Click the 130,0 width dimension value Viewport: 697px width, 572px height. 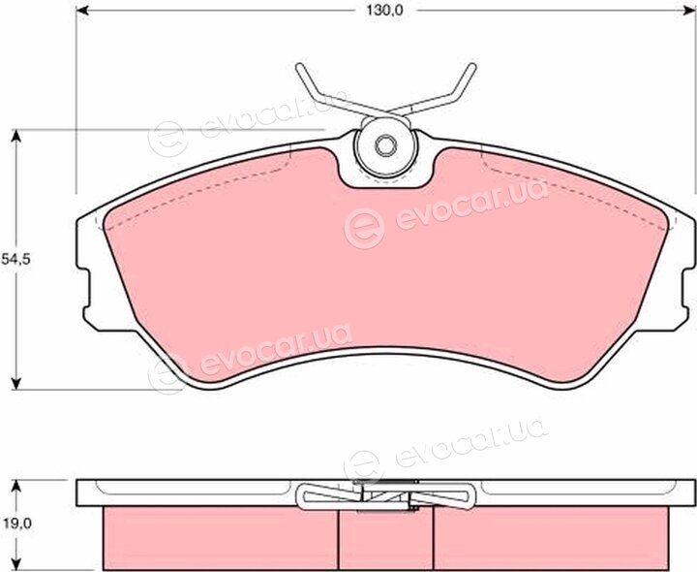384,11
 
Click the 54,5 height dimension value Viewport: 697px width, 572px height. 15,259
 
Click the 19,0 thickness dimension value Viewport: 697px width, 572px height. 15,524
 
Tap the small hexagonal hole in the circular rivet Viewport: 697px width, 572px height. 385,145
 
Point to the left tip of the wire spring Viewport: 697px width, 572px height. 299,67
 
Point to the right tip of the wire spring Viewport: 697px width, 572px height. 472,66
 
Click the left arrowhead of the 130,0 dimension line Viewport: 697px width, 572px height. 82,10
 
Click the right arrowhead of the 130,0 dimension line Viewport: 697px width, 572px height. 688,10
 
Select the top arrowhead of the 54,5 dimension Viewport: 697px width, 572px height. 16,136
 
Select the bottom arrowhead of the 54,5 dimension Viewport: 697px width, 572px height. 16,383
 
